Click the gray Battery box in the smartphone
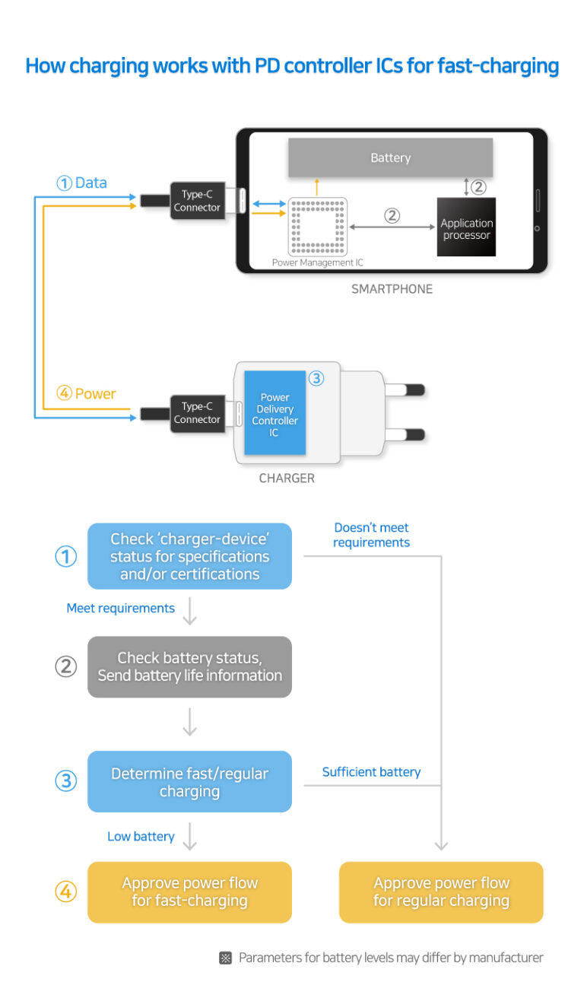point(390,157)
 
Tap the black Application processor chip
point(466,227)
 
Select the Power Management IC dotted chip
point(317,226)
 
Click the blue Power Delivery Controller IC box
point(275,414)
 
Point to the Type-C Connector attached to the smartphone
point(197,201)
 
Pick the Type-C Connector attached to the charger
point(197,413)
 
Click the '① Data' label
point(81,183)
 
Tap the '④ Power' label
point(86,394)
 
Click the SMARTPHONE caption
point(392,289)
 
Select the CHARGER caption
point(287,478)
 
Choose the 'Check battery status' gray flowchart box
point(189,666)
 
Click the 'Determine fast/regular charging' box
point(189,781)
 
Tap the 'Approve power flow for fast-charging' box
point(189,892)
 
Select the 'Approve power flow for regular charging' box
point(441,892)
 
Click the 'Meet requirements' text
point(120,608)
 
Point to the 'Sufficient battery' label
point(371,771)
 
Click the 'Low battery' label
point(141,836)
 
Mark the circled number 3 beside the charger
point(316,378)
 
